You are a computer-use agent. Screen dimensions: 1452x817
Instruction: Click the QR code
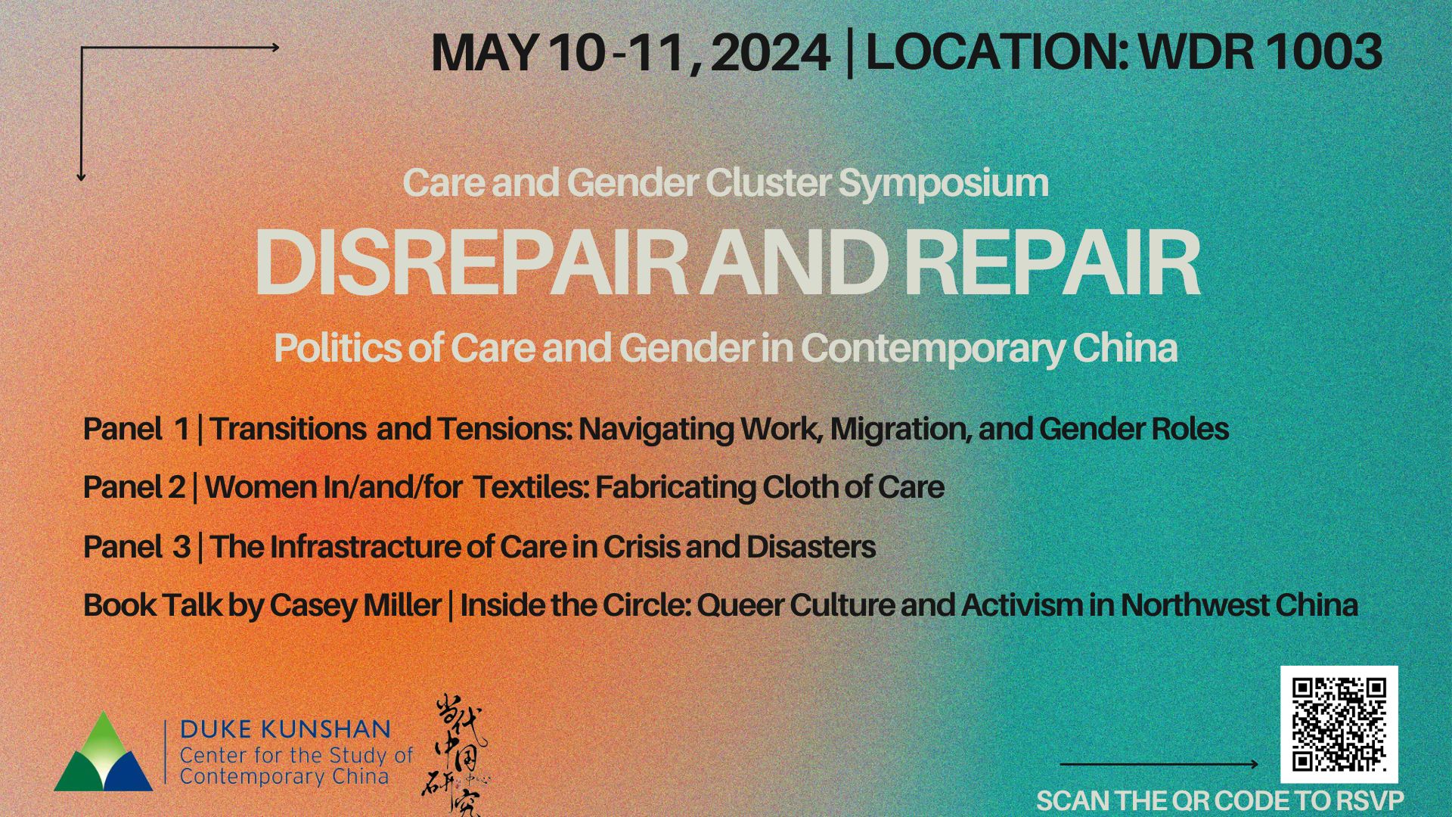1339,725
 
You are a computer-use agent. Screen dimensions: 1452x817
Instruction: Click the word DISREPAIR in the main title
470,263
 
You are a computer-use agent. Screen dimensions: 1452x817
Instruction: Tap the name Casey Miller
355,605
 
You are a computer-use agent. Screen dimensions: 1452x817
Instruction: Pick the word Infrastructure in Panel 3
365,546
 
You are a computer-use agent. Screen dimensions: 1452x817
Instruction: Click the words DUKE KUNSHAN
285,729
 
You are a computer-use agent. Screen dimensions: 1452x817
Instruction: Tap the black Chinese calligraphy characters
455,756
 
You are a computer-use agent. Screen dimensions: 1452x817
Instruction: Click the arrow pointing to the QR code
1159,764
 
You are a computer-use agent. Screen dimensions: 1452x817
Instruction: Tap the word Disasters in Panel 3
811,546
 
